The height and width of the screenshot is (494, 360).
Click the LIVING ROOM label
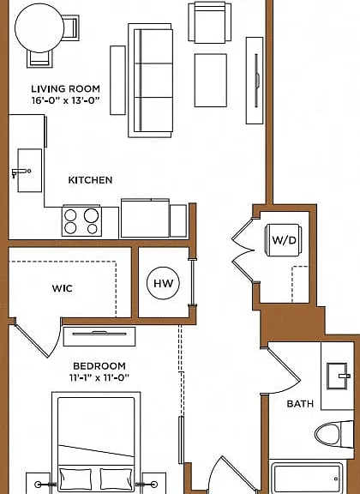(x=65, y=89)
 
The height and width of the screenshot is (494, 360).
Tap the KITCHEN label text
(x=90, y=180)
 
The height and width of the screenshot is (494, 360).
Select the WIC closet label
(x=63, y=288)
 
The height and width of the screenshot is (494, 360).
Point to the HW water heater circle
(x=163, y=283)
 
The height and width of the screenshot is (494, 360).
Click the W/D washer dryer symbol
(x=284, y=240)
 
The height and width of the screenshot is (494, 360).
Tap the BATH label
(x=300, y=404)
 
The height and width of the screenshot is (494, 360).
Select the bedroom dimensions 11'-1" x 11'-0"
(x=99, y=377)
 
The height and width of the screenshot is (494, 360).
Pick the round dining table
(x=39, y=28)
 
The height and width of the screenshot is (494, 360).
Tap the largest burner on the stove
(x=91, y=215)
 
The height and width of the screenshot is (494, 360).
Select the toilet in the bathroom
(x=334, y=434)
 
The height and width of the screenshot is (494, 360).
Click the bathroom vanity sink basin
(x=337, y=377)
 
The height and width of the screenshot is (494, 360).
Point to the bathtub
(x=308, y=478)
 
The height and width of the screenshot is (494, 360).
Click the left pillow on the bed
(x=75, y=479)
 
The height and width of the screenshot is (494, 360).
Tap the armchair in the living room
(x=210, y=22)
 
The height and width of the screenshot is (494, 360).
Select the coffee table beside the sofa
(x=210, y=81)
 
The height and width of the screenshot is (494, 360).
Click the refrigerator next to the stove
(x=145, y=218)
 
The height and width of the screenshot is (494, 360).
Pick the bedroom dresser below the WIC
(x=99, y=336)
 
